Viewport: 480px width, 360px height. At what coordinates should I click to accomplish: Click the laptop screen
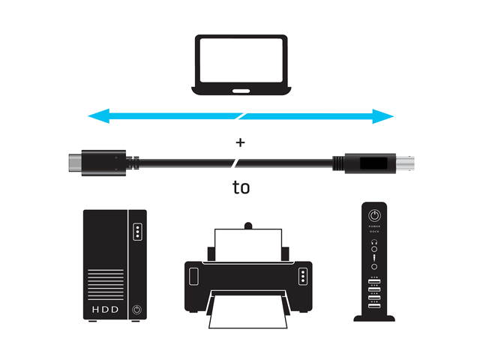(240, 59)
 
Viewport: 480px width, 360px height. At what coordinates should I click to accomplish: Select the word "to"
(240, 187)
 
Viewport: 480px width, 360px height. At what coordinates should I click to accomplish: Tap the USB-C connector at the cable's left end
(75, 160)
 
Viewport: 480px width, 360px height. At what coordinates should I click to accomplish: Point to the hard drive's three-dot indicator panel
(136, 231)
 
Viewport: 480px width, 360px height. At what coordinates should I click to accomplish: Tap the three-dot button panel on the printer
(301, 276)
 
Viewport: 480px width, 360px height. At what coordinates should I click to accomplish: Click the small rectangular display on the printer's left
(194, 276)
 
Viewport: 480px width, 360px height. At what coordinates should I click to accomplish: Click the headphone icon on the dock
(373, 241)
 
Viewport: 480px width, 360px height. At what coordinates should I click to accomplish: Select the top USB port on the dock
(373, 281)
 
